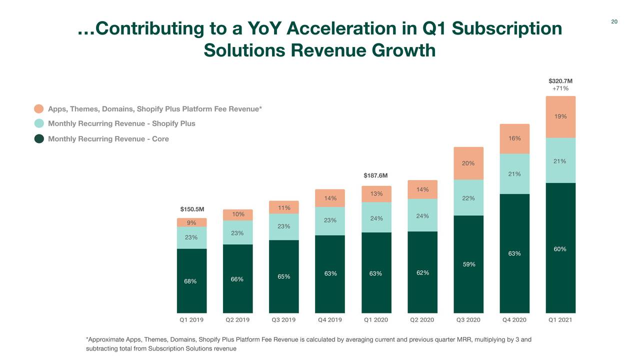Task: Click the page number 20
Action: click(614, 21)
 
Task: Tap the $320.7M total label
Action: click(560, 80)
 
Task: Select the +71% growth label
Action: click(560, 88)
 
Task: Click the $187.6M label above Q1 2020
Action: click(375, 175)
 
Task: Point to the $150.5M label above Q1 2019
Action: click(191, 209)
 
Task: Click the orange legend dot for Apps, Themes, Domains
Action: click(39, 109)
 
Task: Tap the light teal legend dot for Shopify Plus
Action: click(39, 123)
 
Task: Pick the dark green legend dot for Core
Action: click(39, 138)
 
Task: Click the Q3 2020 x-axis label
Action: click(468, 320)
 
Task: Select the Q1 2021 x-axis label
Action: click(560, 320)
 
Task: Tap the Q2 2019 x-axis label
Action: click(237, 320)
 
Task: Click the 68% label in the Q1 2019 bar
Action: click(190, 281)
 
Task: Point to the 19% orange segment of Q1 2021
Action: click(560, 116)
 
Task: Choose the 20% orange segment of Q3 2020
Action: click(468, 163)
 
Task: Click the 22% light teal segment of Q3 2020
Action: click(468, 198)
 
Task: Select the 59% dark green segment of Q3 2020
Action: click(468, 264)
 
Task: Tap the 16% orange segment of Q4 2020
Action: click(514, 138)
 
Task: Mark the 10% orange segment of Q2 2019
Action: click(238, 214)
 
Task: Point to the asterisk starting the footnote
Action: click(88, 340)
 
